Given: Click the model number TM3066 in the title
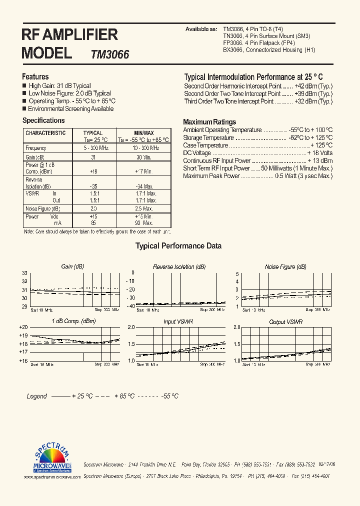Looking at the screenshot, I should coord(110,54).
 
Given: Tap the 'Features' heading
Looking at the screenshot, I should coord(35,76).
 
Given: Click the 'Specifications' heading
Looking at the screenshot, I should coord(43,120).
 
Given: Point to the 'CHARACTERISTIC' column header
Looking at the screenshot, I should coord(45,133).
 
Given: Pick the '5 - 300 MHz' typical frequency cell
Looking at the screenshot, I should coord(92,148).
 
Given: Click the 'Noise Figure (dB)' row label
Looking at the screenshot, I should coord(42,208).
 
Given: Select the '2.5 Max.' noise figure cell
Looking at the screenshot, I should coord(144,208).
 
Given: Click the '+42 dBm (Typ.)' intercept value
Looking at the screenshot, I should coord(313,86).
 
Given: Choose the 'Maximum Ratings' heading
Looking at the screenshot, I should coord(209,122).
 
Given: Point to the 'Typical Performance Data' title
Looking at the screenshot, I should coord(178,246).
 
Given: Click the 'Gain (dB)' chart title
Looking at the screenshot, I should coord(72,267).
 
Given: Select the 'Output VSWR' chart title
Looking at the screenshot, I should coord(285,322).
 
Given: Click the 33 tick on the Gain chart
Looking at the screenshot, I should coord(24,273).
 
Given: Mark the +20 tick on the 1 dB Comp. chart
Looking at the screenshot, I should coord(23,327).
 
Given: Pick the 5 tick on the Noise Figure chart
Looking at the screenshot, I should coord(237,273).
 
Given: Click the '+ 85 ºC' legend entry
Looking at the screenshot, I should coord(124,396).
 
